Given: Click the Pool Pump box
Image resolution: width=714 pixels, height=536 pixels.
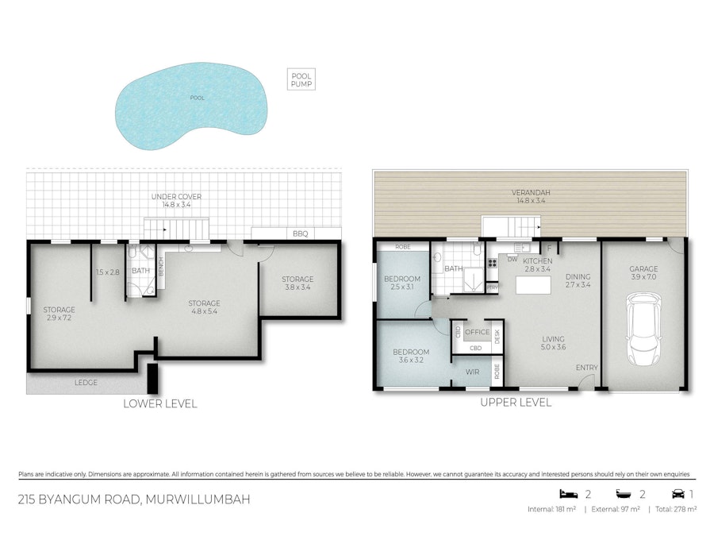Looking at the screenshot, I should (x=301, y=79).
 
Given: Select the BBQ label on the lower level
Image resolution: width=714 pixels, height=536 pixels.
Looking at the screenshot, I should (x=299, y=233).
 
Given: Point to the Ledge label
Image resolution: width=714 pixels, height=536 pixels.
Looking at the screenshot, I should (x=86, y=383).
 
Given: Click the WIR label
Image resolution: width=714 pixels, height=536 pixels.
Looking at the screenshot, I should (x=472, y=371).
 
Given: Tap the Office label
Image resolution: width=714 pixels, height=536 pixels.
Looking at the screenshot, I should (x=477, y=332).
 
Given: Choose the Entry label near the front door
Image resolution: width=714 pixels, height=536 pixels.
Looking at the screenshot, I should (x=587, y=368).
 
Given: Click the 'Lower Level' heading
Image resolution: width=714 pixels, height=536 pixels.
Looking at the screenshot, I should (x=159, y=404).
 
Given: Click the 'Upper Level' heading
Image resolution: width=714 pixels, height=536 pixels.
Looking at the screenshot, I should (x=516, y=403).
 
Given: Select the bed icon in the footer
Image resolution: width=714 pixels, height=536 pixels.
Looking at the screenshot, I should (x=566, y=494).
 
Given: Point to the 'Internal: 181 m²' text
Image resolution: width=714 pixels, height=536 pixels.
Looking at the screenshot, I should (x=554, y=509).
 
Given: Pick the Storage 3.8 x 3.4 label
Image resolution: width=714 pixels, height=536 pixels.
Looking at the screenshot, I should (x=297, y=283).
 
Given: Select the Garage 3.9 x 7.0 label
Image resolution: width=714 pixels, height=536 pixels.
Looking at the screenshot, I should (x=644, y=274).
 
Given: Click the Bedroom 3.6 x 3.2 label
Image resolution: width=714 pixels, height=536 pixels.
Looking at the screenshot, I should (x=411, y=357).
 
